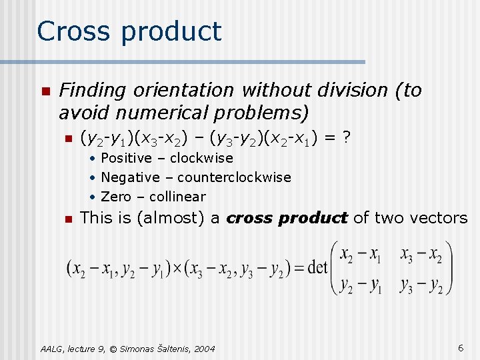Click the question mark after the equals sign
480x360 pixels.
[x=346, y=139]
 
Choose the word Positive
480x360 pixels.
[x=126, y=158]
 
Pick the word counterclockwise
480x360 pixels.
[x=234, y=177]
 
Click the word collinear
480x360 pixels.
[x=177, y=197]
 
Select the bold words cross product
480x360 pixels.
[x=287, y=218]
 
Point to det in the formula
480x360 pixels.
[x=318, y=267]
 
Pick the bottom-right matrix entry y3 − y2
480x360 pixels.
[x=421, y=285]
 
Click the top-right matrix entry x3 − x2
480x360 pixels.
[x=421, y=255]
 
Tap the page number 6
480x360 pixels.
[x=461, y=348]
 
